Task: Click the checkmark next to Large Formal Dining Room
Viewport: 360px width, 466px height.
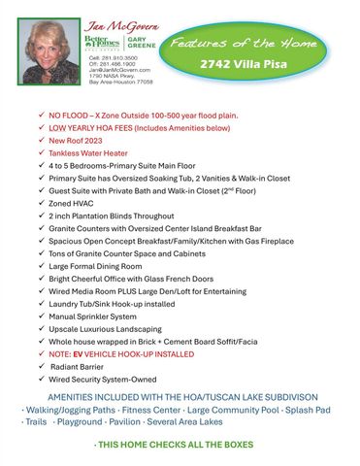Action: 38,266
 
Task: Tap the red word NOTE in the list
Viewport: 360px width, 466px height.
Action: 60,355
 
